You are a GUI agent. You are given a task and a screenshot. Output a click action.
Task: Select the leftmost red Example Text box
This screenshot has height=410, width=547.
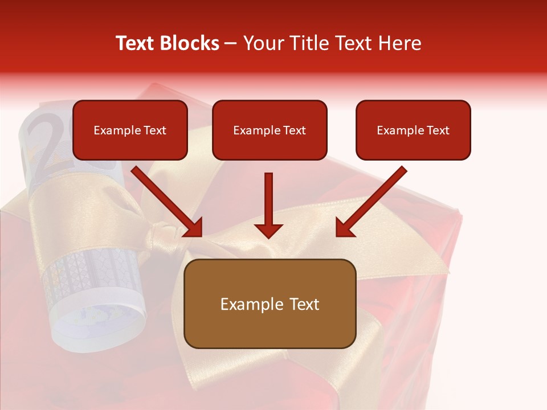pos(130,130)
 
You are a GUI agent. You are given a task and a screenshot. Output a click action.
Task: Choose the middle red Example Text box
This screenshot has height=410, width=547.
pos(270,130)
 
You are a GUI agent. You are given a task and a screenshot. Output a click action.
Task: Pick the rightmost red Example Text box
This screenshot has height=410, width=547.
pos(413,130)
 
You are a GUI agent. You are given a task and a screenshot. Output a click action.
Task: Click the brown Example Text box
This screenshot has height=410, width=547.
pos(270,304)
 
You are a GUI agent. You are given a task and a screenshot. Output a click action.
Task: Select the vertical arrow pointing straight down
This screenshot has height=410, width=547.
pos(268,205)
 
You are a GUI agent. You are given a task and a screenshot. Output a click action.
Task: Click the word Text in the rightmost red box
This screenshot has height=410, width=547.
pos(438,130)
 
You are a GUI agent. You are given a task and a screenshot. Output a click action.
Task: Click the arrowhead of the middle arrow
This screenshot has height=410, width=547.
pos(268,229)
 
